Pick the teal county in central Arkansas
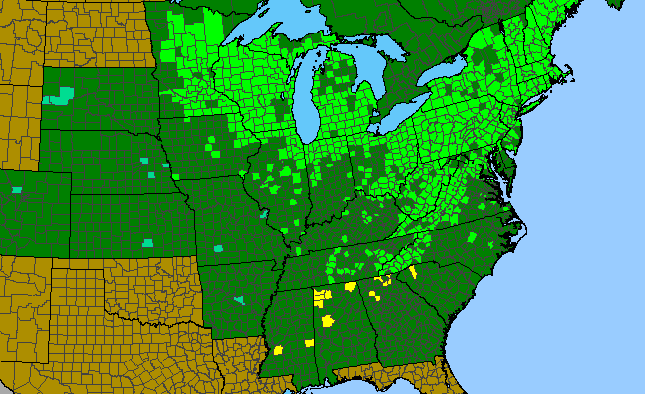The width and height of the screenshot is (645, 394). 238,297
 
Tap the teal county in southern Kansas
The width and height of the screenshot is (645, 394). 148,242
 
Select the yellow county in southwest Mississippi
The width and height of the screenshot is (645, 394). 279,349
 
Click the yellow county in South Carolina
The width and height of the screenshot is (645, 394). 412,272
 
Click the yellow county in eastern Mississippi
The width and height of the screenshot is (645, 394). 308,343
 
